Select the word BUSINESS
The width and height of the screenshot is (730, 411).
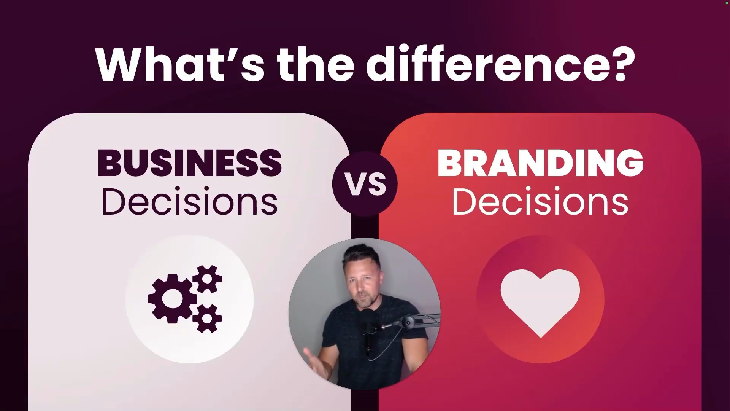190,163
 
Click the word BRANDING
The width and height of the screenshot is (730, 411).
540,163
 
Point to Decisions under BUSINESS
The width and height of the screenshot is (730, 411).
189,202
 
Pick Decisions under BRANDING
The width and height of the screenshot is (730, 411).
540,202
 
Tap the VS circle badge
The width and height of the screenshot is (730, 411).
365,184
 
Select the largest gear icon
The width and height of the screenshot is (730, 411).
173,299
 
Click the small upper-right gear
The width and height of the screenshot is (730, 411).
207,279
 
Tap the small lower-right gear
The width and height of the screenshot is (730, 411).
207,318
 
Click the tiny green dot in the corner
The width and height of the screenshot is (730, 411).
727,3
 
